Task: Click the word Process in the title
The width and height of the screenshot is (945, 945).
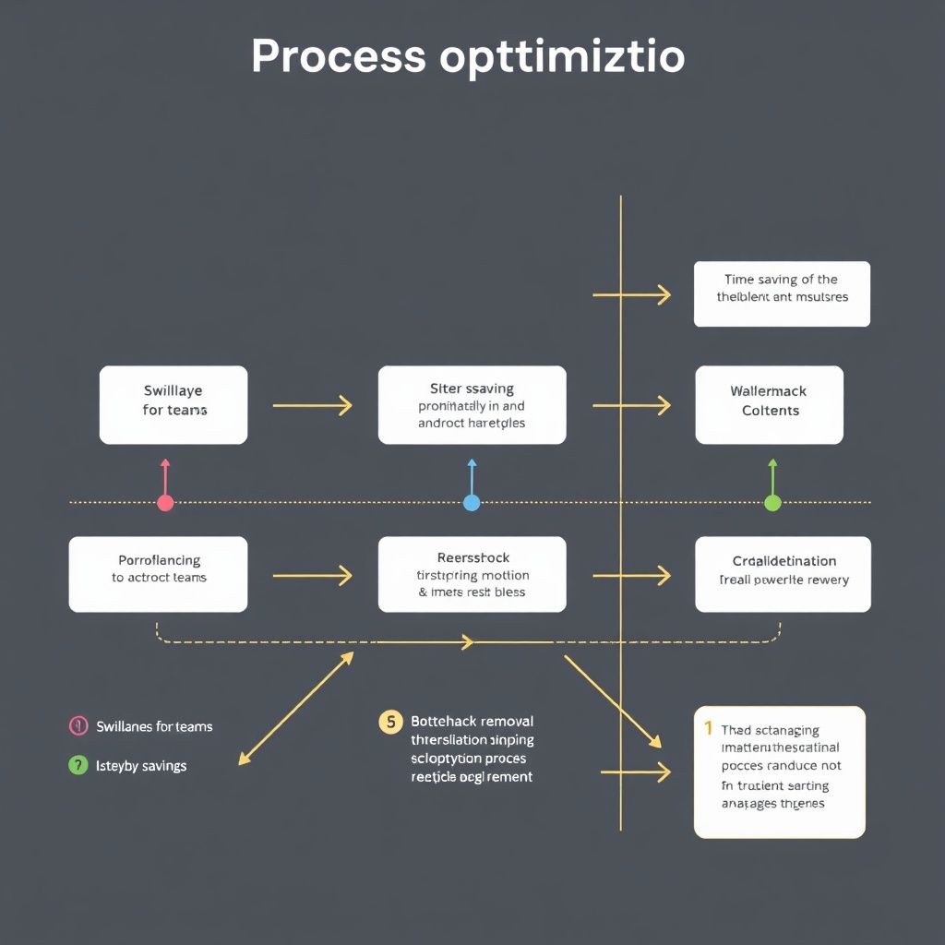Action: (x=338, y=57)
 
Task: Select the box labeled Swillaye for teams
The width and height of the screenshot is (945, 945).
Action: (x=173, y=404)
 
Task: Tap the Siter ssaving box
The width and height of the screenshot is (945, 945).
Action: (x=472, y=404)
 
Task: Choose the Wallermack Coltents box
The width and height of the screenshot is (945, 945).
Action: (x=770, y=404)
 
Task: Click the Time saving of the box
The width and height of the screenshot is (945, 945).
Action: (x=782, y=293)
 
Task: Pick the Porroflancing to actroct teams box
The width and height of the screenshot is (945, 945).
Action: (x=158, y=574)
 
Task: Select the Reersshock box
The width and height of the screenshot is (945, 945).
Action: (x=472, y=574)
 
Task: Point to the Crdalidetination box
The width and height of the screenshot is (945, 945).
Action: (x=783, y=574)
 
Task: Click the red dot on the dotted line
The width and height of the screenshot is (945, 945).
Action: (x=165, y=503)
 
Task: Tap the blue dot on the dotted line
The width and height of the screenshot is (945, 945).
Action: (x=472, y=503)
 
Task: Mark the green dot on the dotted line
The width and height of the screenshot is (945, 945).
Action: (x=773, y=503)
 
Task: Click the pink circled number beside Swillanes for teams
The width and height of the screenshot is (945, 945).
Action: (x=78, y=726)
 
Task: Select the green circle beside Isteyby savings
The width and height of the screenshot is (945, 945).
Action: (x=78, y=765)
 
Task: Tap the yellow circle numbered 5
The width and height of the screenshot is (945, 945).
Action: (x=390, y=722)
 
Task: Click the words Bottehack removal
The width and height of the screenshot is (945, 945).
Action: (x=472, y=721)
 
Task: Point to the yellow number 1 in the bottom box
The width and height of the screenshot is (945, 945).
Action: (x=709, y=728)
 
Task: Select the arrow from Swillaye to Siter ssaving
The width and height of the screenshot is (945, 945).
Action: (x=312, y=404)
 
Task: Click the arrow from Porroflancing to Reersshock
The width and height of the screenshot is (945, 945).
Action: (x=312, y=576)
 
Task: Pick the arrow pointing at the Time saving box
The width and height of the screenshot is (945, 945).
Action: (x=632, y=295)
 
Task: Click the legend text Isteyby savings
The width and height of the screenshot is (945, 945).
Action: (x=141, y=765)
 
